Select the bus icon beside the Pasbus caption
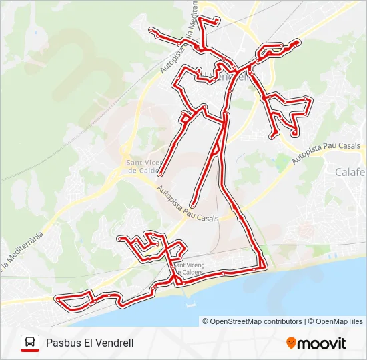tap(30, 343)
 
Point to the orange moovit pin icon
tap(291, 343)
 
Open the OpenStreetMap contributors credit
tap(256, 321)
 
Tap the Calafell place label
tap(350, 171)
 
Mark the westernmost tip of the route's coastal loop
tap(58, 301)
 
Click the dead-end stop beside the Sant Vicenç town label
tap(161, 175)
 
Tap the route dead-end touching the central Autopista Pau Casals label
tap(192, 205)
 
